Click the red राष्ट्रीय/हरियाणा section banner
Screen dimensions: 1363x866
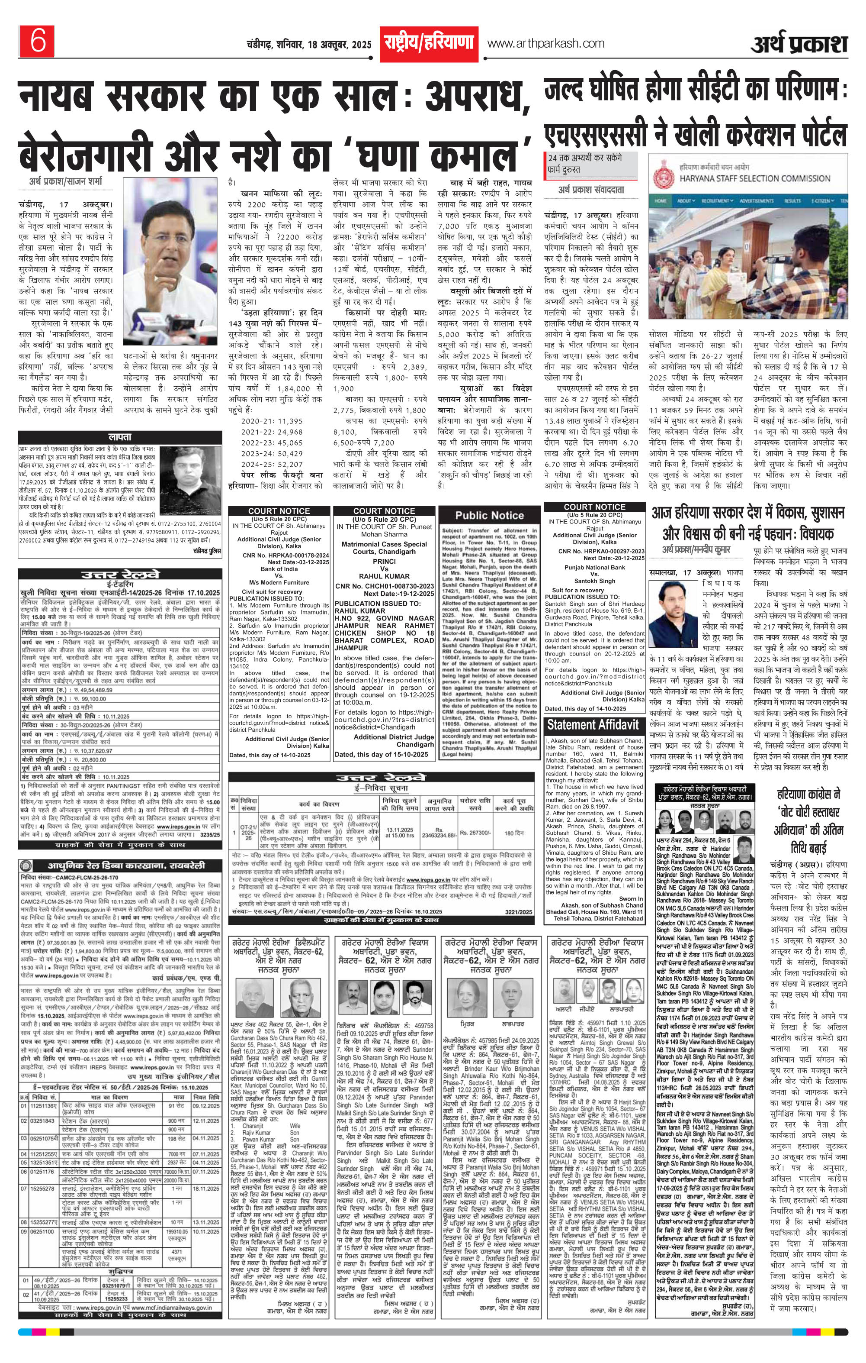(x=428, y=44)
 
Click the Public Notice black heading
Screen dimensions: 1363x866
(x=489, y=516)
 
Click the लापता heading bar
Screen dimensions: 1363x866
(x=119, y=437)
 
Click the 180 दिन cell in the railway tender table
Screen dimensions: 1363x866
(x=513, y=833)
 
